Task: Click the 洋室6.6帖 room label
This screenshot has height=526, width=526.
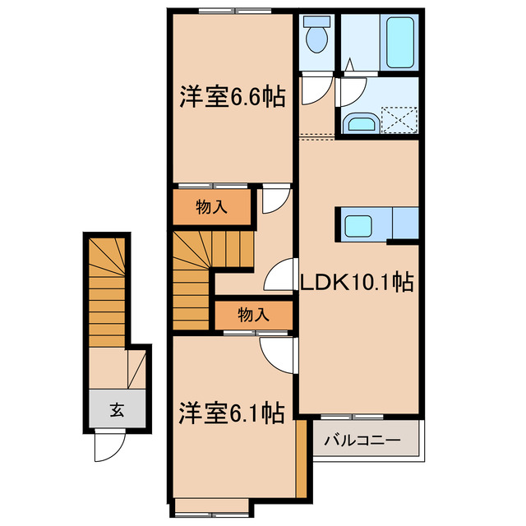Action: (x=233, y=99)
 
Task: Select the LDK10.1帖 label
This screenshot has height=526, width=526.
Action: (x=356, y=283)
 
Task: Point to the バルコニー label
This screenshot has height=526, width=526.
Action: (x=362, y=440)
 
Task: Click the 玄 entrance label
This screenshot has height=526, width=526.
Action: (x=118, y=411)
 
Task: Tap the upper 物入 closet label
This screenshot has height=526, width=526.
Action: (x=211, y=208)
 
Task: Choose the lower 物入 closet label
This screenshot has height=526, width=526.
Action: (x=253, y=314)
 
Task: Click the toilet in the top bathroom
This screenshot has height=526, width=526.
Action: (x=316, y=35)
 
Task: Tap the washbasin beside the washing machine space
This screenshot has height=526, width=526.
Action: (x=360, y=124)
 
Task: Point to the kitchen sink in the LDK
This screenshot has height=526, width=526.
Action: (x=359, y=224)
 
